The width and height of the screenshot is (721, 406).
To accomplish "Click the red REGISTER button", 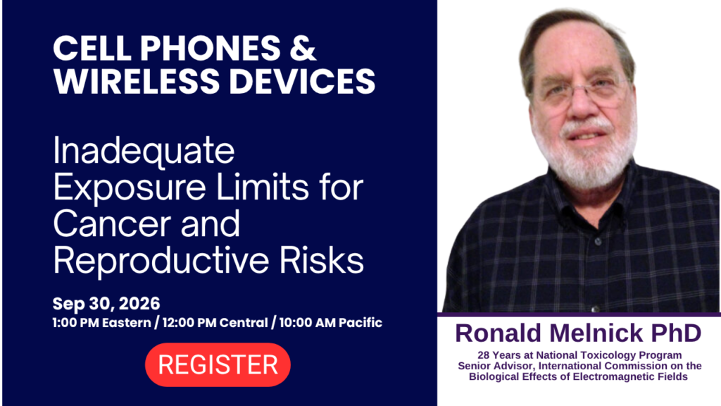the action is [x=218, y=364].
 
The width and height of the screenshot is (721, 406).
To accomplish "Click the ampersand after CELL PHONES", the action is [x=303, y=48].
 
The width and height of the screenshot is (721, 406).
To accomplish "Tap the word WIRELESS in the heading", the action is [x=137, y=81].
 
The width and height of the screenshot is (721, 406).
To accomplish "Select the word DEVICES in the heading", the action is [x=302, y=81].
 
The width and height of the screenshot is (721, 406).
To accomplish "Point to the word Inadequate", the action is [x=144, y=150].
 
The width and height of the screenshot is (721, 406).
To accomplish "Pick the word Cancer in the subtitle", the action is [x=113, y=223].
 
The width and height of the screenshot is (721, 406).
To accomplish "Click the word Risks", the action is [x=322, y=261].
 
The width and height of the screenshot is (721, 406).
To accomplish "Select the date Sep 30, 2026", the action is [x=106, y=304].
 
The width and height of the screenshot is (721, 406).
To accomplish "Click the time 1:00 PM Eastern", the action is [x=101, y=323].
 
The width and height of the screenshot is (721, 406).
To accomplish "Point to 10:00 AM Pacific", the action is [x=331, y=323].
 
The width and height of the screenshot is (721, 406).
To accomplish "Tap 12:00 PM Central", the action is [x=215, y=323].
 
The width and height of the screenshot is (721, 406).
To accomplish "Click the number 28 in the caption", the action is [x=483, y=355].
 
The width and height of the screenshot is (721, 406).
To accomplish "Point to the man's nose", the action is [x=582, y=106].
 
